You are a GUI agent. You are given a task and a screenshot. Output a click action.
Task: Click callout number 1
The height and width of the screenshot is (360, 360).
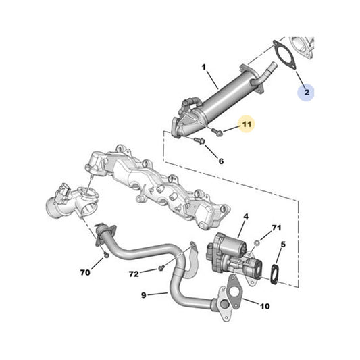(x=203, y=67)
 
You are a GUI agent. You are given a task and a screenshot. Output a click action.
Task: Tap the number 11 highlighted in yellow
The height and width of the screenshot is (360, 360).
(x=247, y=124)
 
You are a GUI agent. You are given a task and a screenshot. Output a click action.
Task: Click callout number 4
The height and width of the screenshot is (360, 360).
(x=246, y=216)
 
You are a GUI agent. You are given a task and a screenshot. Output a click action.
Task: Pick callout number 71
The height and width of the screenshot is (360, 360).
(x=276, y=228)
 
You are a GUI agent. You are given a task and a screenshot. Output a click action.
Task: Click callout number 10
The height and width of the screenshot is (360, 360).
(x=264, y=306)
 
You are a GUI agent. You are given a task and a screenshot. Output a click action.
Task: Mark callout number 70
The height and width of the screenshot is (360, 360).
(x=85, y=273)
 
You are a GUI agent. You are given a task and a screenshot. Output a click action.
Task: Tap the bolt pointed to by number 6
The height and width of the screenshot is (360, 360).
(x=200, y=140)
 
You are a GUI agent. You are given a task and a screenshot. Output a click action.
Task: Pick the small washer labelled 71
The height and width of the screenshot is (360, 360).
(x=257, y=242)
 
